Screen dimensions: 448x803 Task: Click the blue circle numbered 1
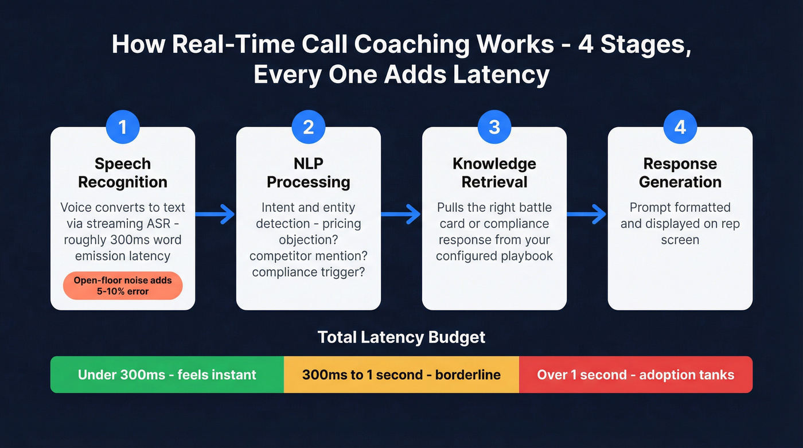[x=123, y=127]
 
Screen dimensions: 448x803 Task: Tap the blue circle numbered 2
[x=309, y=127]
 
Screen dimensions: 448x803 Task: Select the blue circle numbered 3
[x=494, y=127]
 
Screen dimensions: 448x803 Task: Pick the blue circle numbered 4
[x=680, y=127]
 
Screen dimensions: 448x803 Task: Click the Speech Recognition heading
[x=123, y=173]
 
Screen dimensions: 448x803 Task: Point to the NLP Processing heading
[x=309, y=173]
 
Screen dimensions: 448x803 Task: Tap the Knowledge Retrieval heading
[x=494, y=173]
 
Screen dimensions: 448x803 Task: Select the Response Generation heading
[x=680, y=173]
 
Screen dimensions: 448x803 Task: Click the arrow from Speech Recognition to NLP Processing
[x=216, y=215]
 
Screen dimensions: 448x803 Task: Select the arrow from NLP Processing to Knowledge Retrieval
[x=402, y=215]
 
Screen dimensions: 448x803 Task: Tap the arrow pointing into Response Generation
[x=587, y=215]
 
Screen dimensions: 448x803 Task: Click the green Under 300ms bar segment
[x=167, y=375]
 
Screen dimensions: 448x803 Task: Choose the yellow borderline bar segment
[x=402, y=375]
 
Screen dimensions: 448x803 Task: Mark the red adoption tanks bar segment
[x=636, y=375]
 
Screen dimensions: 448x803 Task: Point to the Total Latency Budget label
[x=402, y=337]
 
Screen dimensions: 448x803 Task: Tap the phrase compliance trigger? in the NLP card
[x=309, y=272]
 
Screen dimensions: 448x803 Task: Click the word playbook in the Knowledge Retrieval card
[x=525, y=256]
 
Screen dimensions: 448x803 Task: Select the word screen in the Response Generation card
[x=680, y=240]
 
